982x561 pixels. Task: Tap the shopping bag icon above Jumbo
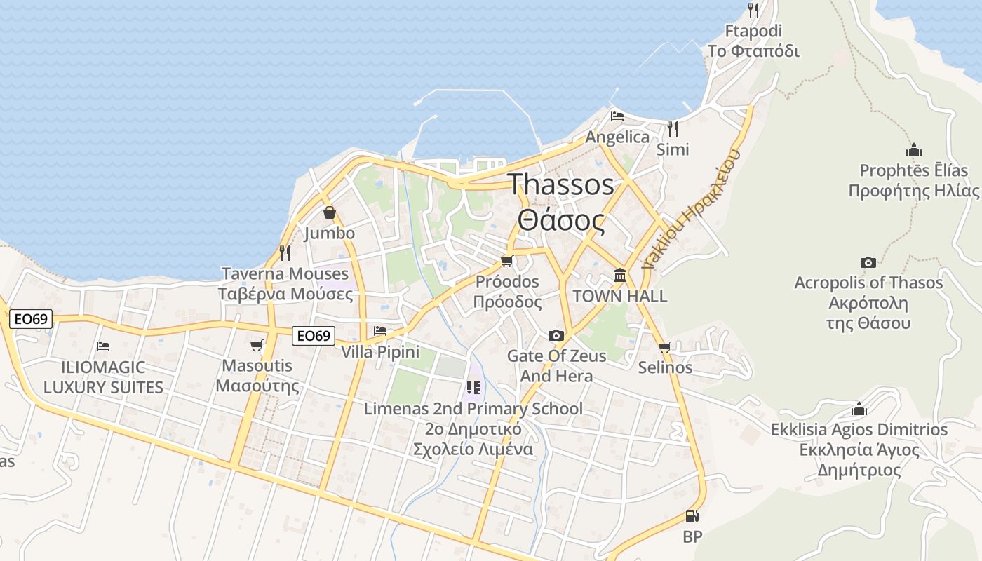[329, 212]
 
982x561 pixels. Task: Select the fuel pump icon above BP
[692, 517]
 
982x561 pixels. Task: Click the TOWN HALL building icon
[620, 276]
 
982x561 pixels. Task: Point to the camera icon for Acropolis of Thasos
[868, 263]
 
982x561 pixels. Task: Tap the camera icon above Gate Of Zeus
[556, 336]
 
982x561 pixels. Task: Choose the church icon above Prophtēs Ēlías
[913, 150]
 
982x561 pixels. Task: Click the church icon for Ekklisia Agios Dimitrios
[859, 409]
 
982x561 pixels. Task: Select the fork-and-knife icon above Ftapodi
[753, 11]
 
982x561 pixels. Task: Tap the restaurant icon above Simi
[673, 129]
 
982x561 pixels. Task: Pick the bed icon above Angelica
[617, 116]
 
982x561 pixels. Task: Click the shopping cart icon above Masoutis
[257, 345]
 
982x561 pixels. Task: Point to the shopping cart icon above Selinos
[665, 347]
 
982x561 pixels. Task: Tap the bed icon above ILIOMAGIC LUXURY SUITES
[103, 346]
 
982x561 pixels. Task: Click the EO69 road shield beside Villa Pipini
[313, 336]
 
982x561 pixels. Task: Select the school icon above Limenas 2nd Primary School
[473, 388]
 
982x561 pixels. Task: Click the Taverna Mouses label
[285, 273]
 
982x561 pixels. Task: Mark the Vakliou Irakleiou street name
[691, 210]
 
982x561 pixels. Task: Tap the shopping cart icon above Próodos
[507, 262]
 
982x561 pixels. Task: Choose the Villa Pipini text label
[380, 352]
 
